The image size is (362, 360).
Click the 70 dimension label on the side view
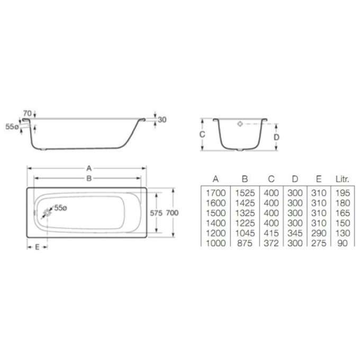click(x=27, y=113)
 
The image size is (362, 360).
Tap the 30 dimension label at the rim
click(x=162, y=120)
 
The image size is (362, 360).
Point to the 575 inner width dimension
click(x=156, y=213)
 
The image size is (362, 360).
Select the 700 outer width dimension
click(x=172, y=213)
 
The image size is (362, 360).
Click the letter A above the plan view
click(x=89, y=168)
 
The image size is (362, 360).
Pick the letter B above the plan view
click(x=89, y=178)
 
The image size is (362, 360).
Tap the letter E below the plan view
click(x=37, y=247)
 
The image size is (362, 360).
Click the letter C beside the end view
click(x=202, y=134)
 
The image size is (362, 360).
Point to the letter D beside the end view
click(x=276, y=137)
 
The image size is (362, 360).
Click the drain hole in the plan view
click(x=48, y=212)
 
